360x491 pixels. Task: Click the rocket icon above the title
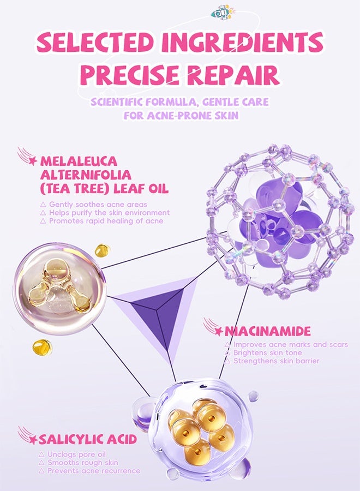(221, 13)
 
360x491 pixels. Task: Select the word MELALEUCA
(79, 161)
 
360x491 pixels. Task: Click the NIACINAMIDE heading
(268, 331)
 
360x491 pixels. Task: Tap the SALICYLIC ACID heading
(88, 439)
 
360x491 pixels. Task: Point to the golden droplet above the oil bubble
(103, 250)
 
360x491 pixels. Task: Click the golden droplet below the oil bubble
(42, 348)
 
